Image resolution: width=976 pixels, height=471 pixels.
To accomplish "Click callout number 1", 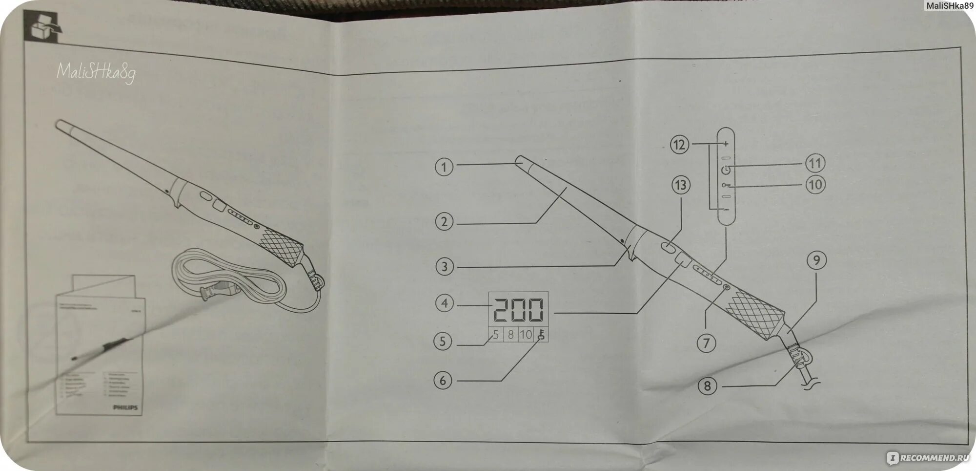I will click(x=444, y=167).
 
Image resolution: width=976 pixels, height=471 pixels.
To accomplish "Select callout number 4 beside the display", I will click(x=444, y=303).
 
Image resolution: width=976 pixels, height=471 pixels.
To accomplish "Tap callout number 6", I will click(x=443, y=380).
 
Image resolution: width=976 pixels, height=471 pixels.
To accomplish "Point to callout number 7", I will click(x=706, y=343).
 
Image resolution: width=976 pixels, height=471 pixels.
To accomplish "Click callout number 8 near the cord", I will click(x=708, y=386).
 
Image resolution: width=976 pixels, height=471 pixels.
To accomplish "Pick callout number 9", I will click(x=816, y=260).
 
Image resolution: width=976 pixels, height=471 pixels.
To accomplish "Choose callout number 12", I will click(x=679, y=145).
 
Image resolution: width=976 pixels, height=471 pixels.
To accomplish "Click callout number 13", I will click(x=681, y=185).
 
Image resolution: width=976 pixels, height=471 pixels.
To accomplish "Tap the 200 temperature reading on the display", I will click(x=518, y=310).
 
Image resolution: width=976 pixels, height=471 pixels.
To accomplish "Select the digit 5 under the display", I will click(x=496, y=335).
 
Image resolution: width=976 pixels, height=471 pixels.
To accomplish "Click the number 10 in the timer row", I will click(x=526, y=335).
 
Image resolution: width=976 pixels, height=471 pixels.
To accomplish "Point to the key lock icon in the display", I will click(x=541, y=335).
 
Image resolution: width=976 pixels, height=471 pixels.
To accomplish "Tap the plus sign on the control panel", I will click(x=726, y=144).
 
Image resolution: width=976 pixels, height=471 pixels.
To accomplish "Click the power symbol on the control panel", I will click(x=726, y=170).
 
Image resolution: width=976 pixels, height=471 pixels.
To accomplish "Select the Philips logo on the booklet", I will click(x=125, y=407).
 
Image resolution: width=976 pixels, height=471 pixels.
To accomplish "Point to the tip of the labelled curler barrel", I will click(x=520, y=160).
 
